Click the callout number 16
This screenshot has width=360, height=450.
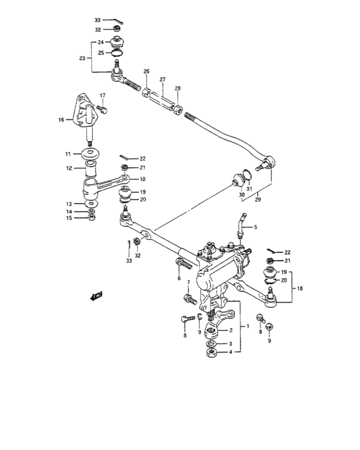point(61,120)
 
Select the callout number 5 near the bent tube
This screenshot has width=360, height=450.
point(255,228)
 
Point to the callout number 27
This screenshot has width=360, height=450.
point(162,80)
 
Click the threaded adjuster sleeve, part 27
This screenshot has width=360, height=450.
point(163,100)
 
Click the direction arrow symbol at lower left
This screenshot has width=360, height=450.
point(97,296)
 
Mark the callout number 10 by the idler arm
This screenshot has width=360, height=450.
point(142,179)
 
